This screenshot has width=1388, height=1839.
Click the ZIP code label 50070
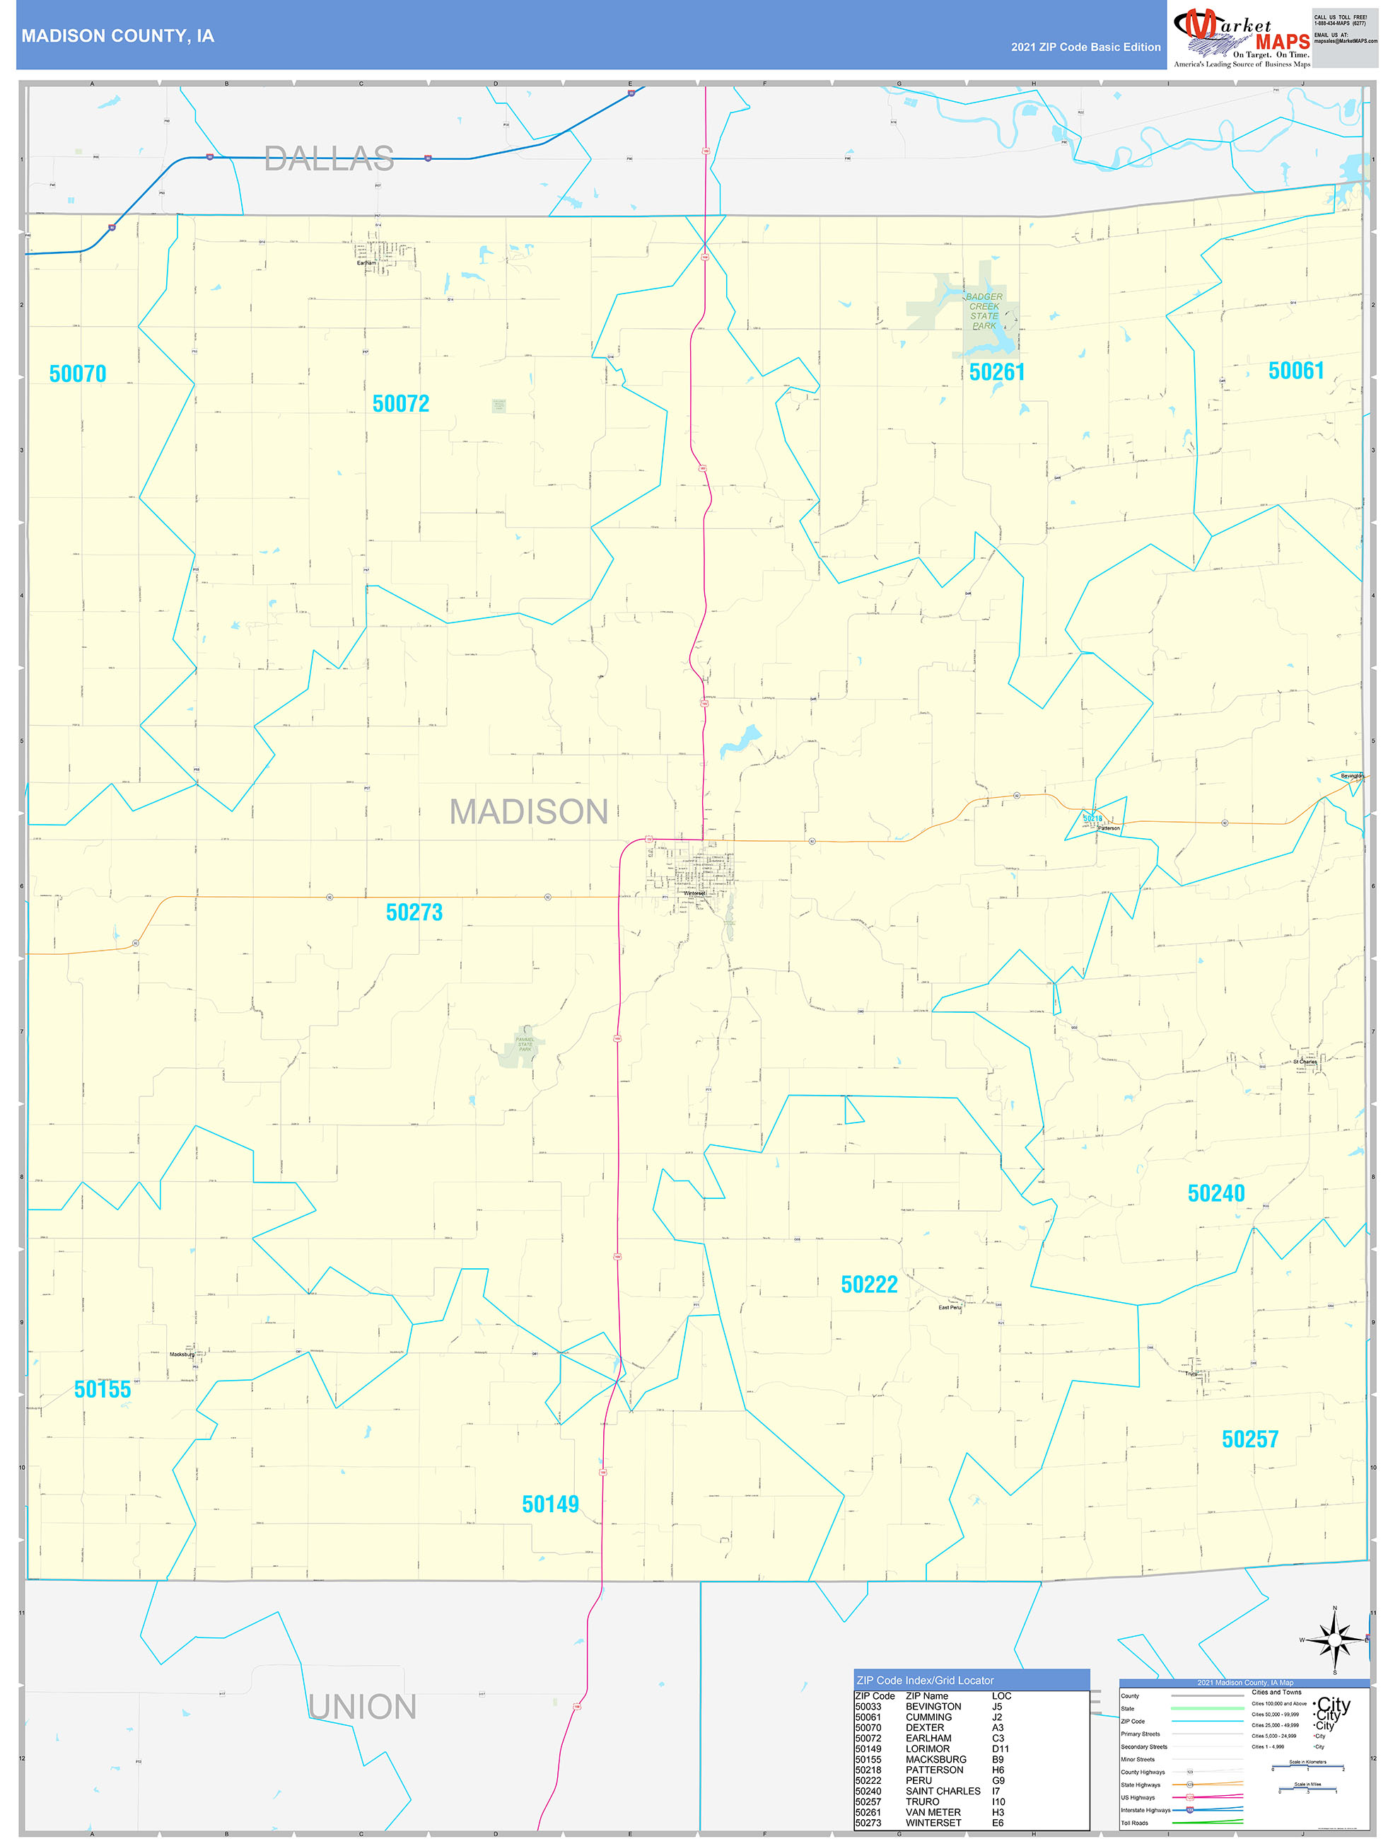pos(77,374)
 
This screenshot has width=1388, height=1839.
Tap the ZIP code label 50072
pos(401,404)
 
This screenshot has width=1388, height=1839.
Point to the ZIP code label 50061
pos(1296,371)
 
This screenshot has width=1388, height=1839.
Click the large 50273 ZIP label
pos(414,913)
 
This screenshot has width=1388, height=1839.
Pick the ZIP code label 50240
pos(1216,1194)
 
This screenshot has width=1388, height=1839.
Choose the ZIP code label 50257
pos(1249,1440)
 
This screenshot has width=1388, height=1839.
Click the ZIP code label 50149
pos(550,1504)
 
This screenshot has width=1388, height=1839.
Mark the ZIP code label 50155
pos(103,1390)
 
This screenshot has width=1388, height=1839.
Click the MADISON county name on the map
pos(529,812)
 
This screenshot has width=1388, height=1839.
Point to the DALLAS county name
pos(329,159)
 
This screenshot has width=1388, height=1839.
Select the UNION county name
pos(362,1707)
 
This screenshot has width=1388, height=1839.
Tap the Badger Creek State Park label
pos(984,312)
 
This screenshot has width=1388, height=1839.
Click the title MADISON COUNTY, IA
pos(118,36)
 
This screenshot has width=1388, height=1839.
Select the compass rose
pos(1334,1640)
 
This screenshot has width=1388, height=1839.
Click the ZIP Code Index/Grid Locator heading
pos(925,1680)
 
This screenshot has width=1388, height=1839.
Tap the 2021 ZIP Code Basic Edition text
pos(1085,47)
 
